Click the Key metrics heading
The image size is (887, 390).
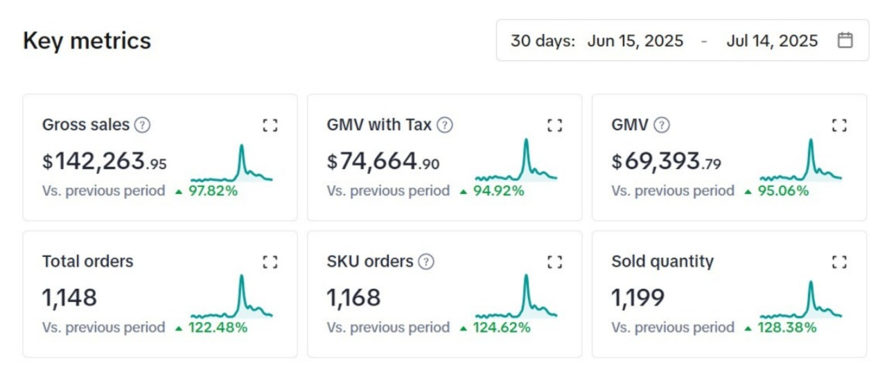tap(87, 41)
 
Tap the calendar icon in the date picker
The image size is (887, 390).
tap(845, 40)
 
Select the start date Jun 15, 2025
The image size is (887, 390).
tap(635, 41)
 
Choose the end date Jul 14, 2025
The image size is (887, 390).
tap(772, 41)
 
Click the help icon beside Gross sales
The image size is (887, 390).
tap(142, 125)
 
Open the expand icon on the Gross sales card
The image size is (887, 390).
tap(270, 125)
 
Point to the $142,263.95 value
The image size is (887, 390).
tap(105, 162)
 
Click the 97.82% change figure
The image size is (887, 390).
tap(213, 190)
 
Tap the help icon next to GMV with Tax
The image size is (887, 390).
tap(445, 125)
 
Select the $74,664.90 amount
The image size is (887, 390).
tap(383, 162)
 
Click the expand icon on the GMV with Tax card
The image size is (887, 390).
tap(554, 125)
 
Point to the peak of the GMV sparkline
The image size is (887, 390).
tap(810, 141)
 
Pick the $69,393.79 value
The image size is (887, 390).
tap(666, 162)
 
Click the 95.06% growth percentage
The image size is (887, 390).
tap(783, 190)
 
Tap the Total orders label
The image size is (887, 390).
tap(87, 261)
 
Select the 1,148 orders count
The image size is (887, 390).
tap(69, 298)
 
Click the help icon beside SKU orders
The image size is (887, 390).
tap(427, 261)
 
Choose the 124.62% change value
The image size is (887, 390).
tap(502, 327)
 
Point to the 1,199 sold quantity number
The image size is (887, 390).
tap(638, 298)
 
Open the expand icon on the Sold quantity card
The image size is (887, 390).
tap(839, 262)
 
